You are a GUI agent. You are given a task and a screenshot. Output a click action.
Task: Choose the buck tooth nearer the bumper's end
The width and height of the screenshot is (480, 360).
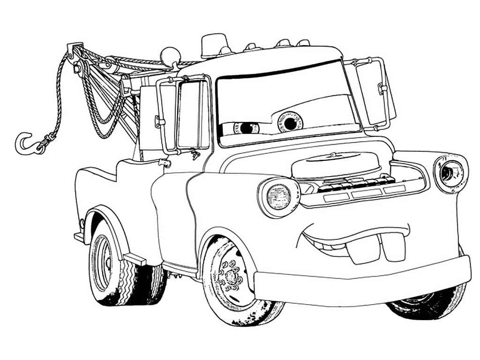[392, 245]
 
